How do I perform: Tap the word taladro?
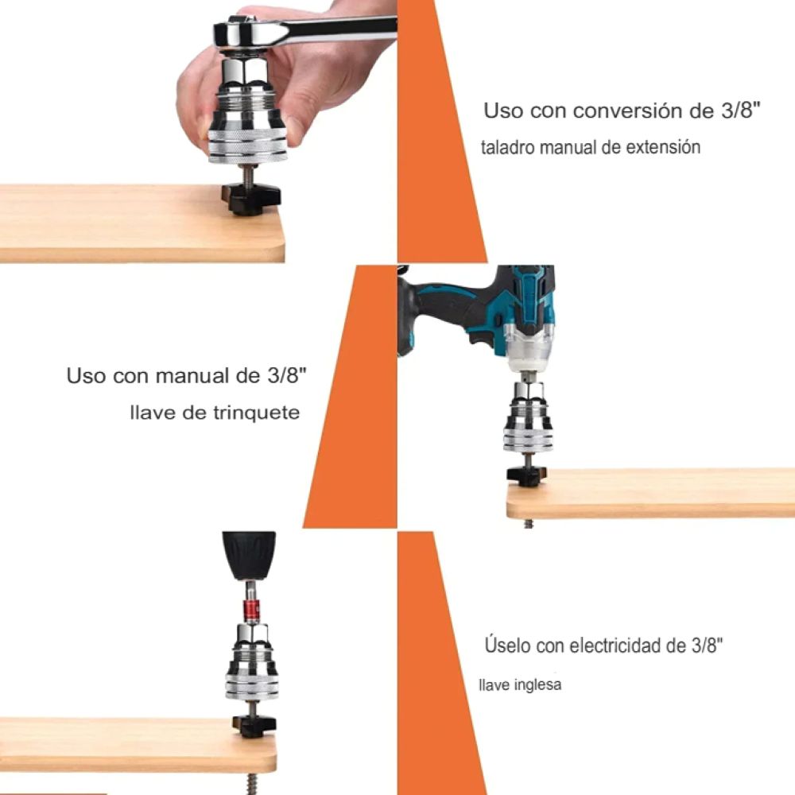508,148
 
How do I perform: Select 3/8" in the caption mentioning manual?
286,376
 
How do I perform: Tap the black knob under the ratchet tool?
251,198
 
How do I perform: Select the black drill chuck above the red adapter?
249,555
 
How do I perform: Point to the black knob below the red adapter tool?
254,726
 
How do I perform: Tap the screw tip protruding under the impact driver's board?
529,523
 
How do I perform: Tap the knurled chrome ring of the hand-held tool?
248,147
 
